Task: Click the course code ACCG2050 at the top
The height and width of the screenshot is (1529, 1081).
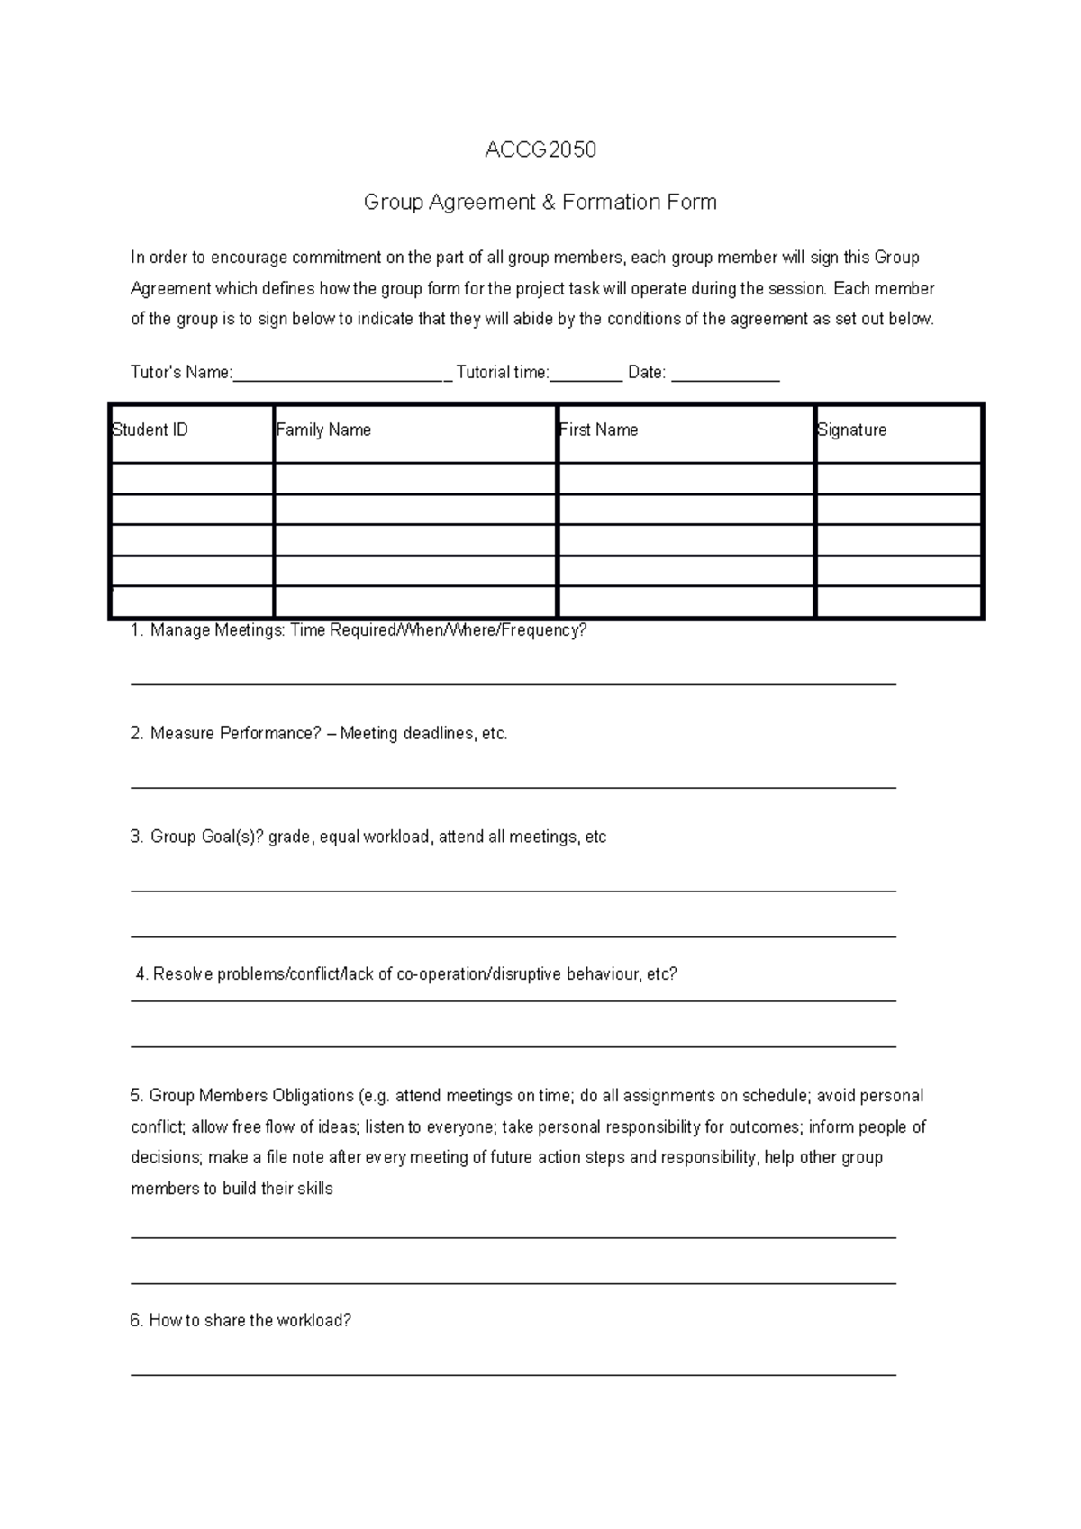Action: pos(540,149)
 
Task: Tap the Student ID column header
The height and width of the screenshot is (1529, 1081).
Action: pos(150,430)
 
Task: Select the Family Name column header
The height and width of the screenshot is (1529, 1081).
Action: pos(323,430)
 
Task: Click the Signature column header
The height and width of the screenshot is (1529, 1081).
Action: pos(851,430)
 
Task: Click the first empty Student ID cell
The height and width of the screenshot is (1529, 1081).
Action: pos(191,478)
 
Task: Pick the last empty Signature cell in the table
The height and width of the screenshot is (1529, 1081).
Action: pos(898,602)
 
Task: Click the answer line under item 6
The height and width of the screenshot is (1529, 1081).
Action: pos(513,1374)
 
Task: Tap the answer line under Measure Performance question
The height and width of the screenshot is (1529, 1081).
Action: pos(513,787)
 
